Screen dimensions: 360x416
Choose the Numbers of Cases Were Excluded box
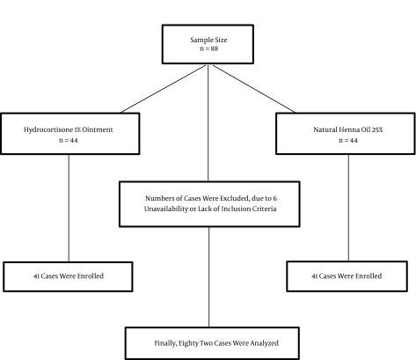[x=208, y=203]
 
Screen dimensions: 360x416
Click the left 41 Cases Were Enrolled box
[x=69, y=276]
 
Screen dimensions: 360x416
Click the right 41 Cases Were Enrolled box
[x=346, y=276]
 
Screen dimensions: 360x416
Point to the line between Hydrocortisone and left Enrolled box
[x=69, y=211]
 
